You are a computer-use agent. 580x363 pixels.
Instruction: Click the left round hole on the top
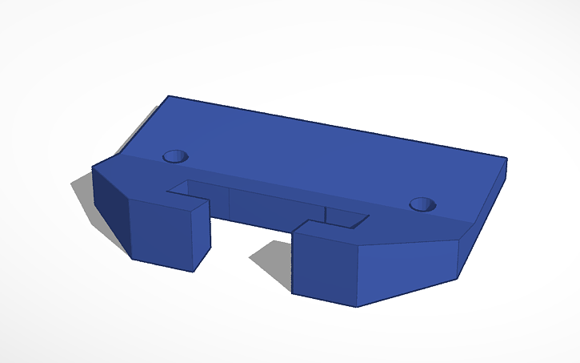click(x=175, y=156)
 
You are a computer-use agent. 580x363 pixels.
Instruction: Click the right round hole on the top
click(x=422, y=205)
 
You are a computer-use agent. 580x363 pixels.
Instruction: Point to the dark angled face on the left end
click(x=110, y=208)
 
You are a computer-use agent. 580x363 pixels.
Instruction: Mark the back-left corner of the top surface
click(x=169, y=96)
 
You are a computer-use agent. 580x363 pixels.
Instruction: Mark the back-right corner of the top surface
click(x=506, y=158)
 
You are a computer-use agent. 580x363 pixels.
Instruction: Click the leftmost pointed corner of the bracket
click(x=93, y=167)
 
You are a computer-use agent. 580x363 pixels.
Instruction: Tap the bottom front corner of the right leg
click(x=356, y=306)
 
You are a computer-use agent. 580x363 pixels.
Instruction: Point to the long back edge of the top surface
click(x=336, y=127)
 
